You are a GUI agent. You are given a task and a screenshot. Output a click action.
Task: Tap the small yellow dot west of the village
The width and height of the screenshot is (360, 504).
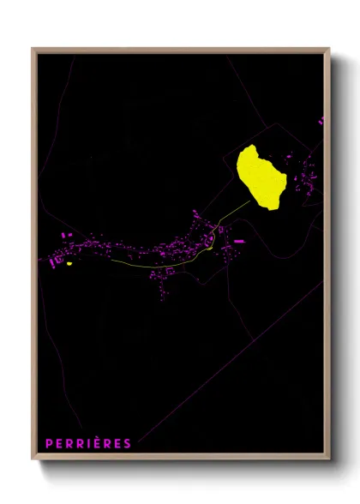click(x=69, y=264)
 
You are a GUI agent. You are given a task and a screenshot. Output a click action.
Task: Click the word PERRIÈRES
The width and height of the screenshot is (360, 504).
click(x=88, y=443)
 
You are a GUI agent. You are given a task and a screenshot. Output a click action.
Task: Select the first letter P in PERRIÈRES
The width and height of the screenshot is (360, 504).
click(x=50, y=443)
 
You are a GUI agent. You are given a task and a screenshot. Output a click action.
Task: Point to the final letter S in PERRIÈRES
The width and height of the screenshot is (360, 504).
click(x=128, y=443)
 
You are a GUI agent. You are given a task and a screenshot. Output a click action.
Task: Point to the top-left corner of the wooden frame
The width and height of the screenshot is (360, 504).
click(x=33, y=49)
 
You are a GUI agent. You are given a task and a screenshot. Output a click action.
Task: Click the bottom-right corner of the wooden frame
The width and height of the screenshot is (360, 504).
click(x=329, y=460)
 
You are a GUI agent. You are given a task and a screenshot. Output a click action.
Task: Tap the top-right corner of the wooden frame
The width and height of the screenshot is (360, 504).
click(x=329, y=49)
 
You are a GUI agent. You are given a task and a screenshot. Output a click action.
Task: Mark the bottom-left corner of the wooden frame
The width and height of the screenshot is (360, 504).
click(x=33, y=460)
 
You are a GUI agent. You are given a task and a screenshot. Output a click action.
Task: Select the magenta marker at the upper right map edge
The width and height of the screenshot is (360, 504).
click(x=321, y=122)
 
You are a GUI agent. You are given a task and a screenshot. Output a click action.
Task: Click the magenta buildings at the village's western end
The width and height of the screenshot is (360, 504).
click(x=58, y=255)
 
